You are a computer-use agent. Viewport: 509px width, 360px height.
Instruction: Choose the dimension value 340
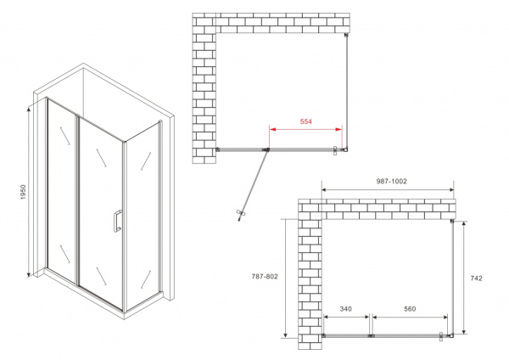pos(346,309)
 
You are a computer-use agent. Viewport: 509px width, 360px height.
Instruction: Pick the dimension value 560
pos(409,309)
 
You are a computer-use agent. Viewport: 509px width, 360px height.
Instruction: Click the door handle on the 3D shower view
pos(115,220)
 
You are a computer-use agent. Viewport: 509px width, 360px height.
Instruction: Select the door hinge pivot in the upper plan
pos(266,150)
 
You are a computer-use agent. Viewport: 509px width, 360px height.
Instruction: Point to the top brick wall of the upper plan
pos(271,22)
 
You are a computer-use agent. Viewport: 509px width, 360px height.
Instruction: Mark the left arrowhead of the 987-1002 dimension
pos(324,190)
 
